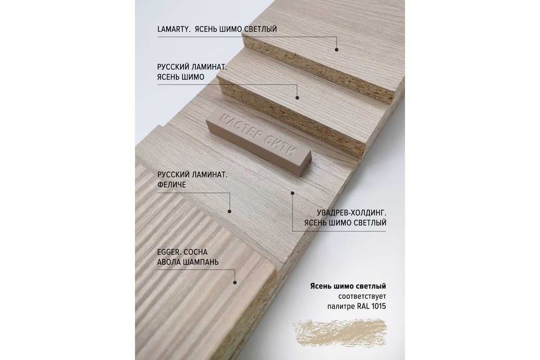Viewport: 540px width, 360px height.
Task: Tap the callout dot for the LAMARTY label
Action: (337, 49)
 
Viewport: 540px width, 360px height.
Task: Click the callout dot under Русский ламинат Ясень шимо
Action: (297, 98)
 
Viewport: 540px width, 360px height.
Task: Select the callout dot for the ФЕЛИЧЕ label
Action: (229, 211)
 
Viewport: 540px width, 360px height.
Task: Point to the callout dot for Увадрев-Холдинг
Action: (292, 193)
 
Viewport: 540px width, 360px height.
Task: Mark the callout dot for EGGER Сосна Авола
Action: (235, 282)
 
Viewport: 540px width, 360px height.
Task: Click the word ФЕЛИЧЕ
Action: (171, 184)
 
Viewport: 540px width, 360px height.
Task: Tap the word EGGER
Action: (169, 252)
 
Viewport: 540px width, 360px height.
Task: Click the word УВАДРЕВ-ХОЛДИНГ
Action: (351, 213)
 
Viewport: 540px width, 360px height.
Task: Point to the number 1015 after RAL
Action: (378, 306)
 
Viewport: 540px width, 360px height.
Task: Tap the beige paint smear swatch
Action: (340, 332)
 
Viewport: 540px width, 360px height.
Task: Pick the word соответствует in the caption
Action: (362, 296)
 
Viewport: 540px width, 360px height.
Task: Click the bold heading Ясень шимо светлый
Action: (348, 286)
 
